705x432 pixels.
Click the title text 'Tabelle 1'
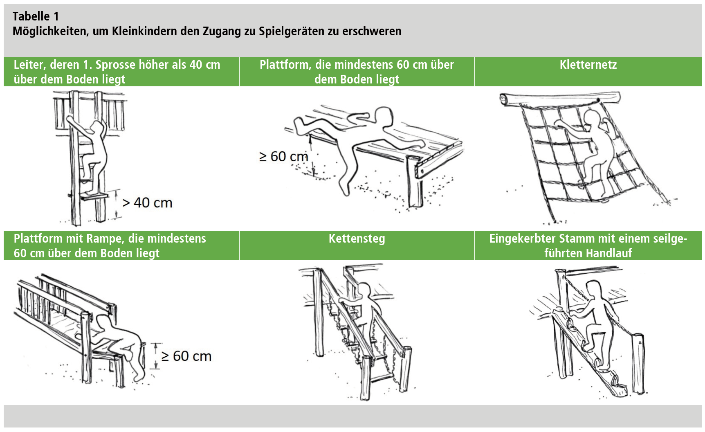coord(36,16)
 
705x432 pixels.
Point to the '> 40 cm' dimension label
coord(148,202)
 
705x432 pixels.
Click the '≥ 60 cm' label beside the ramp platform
coord(186,356)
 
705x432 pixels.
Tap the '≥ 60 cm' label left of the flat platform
coord(284,156)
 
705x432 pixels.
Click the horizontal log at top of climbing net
coord(560,99)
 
